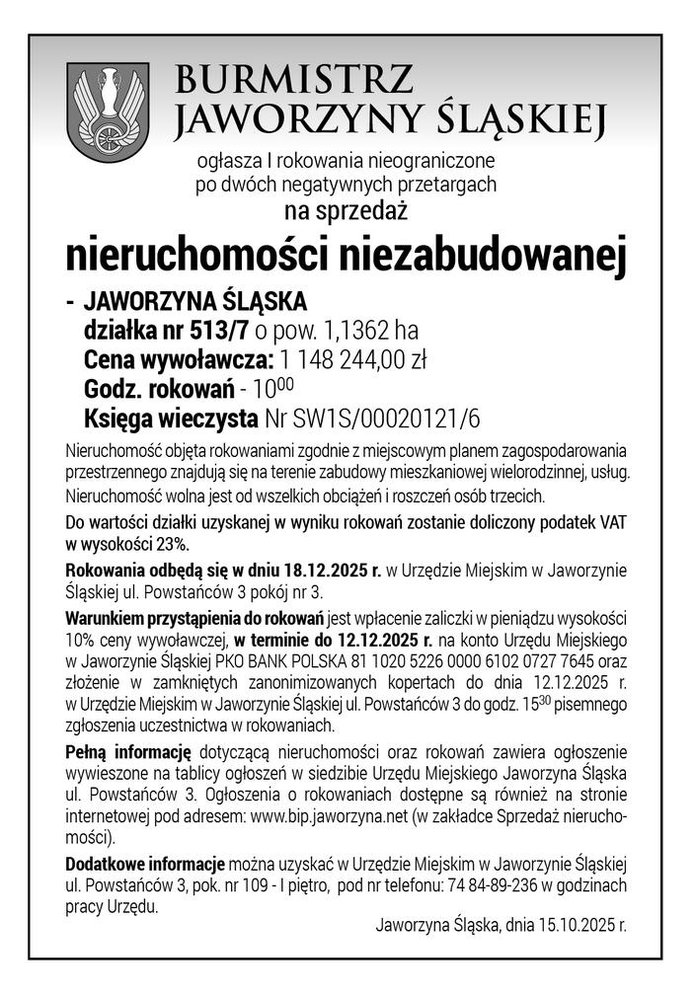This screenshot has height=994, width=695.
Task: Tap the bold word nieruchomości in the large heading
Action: tap(197, 254)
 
